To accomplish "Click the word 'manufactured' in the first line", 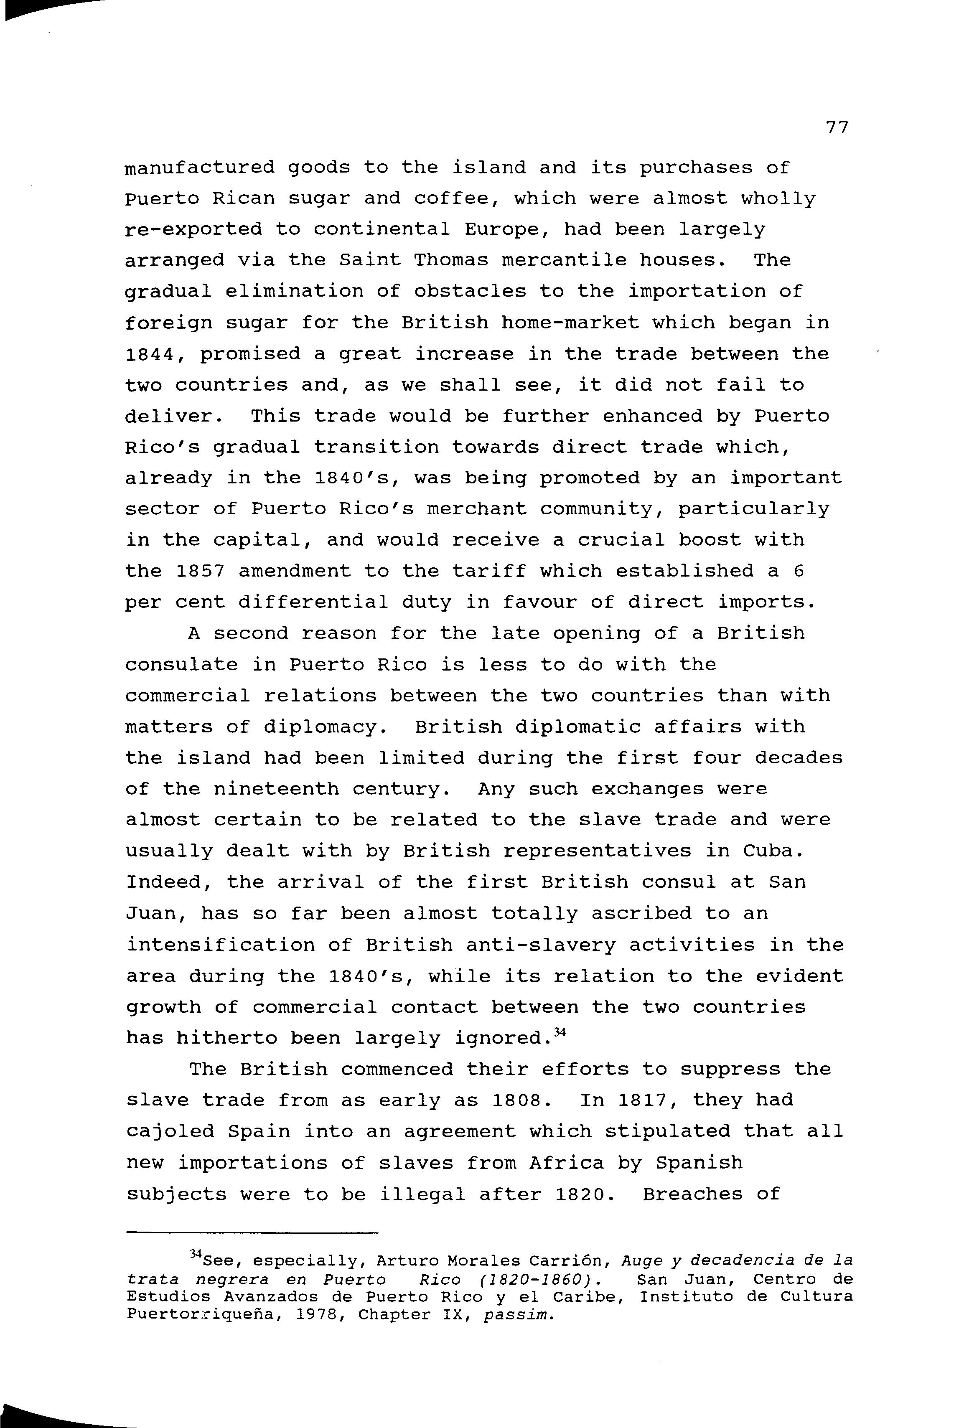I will (200, 168).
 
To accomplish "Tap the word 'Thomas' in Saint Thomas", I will (450, 261).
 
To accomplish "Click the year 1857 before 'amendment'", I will (200, 572).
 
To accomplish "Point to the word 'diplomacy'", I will (325, 727).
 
